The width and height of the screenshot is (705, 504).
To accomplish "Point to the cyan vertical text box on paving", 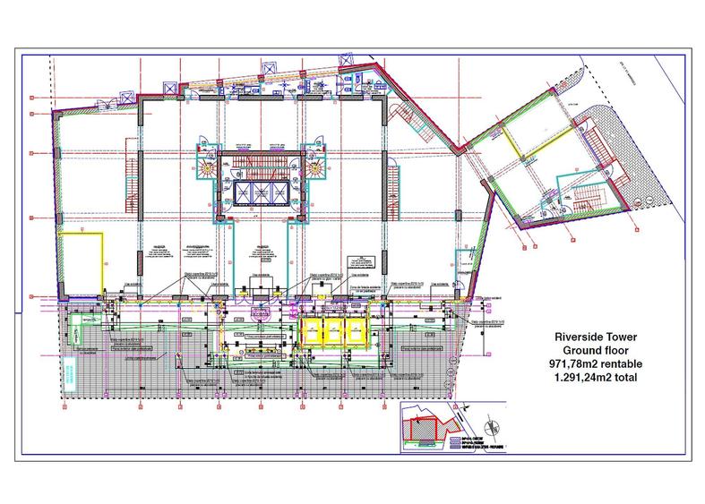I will point(69,371).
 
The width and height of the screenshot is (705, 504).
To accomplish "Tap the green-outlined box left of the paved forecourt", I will point(86,324).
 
